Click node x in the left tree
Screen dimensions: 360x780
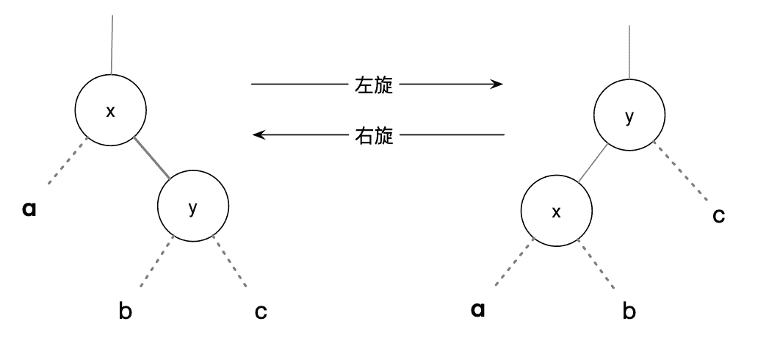click(111, 110)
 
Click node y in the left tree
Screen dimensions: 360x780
click(193, 207)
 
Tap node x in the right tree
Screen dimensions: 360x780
click(556, 212)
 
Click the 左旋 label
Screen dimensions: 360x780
click(373, 85)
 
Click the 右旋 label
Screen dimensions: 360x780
click(373, 135)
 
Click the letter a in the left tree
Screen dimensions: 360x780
click(30, 209)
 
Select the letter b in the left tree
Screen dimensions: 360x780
click(126, 311)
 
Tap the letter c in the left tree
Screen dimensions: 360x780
click(261, 312)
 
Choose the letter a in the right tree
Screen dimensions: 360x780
click(478, 309)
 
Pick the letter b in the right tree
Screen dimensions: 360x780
click(629, 311)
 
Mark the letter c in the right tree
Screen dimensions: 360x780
click(719, 216)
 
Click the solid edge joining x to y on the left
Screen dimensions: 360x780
click(151, 157)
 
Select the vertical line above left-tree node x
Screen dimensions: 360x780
click(112, 44)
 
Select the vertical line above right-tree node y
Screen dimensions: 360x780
click(630, 51)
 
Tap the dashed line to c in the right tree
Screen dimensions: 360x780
click(682, 173)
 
